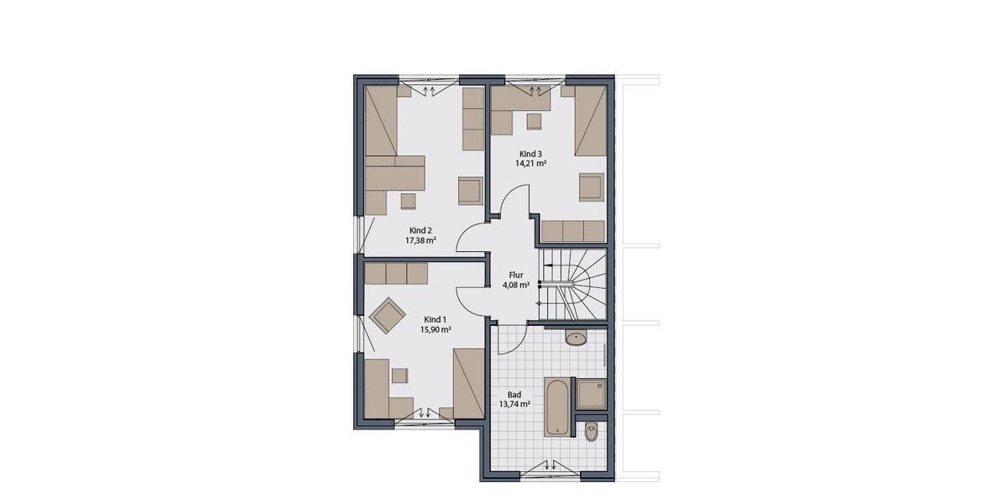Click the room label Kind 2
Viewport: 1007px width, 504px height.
[x=420, y=230]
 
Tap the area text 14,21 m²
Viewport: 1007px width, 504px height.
[x=531, y=164]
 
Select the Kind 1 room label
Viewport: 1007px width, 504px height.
[x=435, y=320]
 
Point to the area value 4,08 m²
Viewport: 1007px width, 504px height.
[x=516, y=285]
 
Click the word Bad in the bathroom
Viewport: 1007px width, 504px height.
[x=514, y=394]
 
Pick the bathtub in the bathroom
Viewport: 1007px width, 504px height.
[x=557, y=408]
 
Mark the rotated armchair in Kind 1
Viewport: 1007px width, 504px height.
[x=387, y=316]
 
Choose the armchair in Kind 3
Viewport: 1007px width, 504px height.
[x=592, y=186]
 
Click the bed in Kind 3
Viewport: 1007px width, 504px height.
[x=590, y=121]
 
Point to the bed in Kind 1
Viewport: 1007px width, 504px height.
[x=468, y=383]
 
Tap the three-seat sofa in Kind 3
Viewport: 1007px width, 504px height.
[x=573, y=231]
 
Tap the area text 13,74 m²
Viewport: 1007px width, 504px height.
[x=514, y=404]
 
